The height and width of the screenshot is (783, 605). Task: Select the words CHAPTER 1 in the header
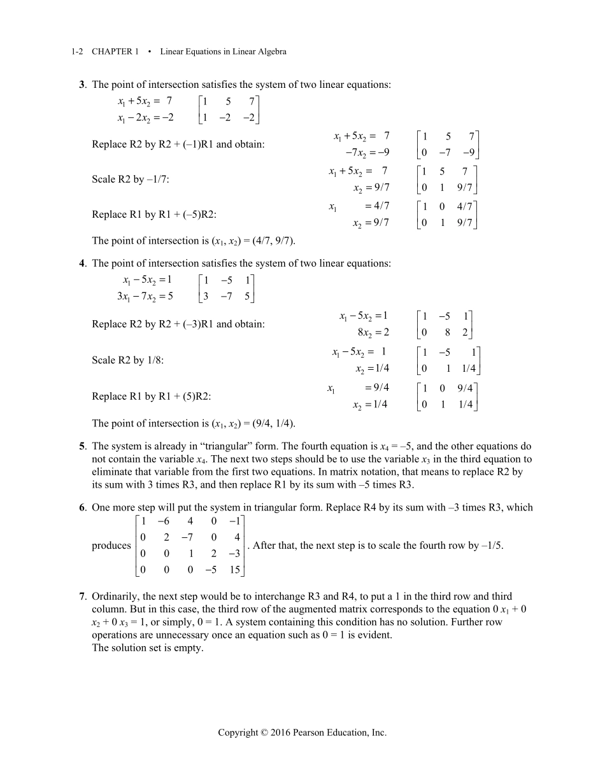coord(115,52)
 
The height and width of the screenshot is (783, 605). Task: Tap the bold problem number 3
coord(82,85)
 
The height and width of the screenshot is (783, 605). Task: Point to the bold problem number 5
coord(82,446)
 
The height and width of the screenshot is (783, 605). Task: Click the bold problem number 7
coord(82,596)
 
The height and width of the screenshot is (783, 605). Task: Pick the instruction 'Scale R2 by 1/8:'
coord(128,360)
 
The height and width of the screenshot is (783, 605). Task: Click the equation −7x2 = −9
coord(367,152)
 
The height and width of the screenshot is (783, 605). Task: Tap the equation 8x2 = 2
coord(373,332)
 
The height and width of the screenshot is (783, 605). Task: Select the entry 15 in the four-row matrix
coord(234,570)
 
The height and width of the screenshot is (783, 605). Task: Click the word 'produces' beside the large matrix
coord(111,546)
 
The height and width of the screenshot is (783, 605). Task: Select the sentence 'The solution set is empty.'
coord(148,648)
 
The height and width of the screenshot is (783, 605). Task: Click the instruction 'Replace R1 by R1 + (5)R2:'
coord(152,397)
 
